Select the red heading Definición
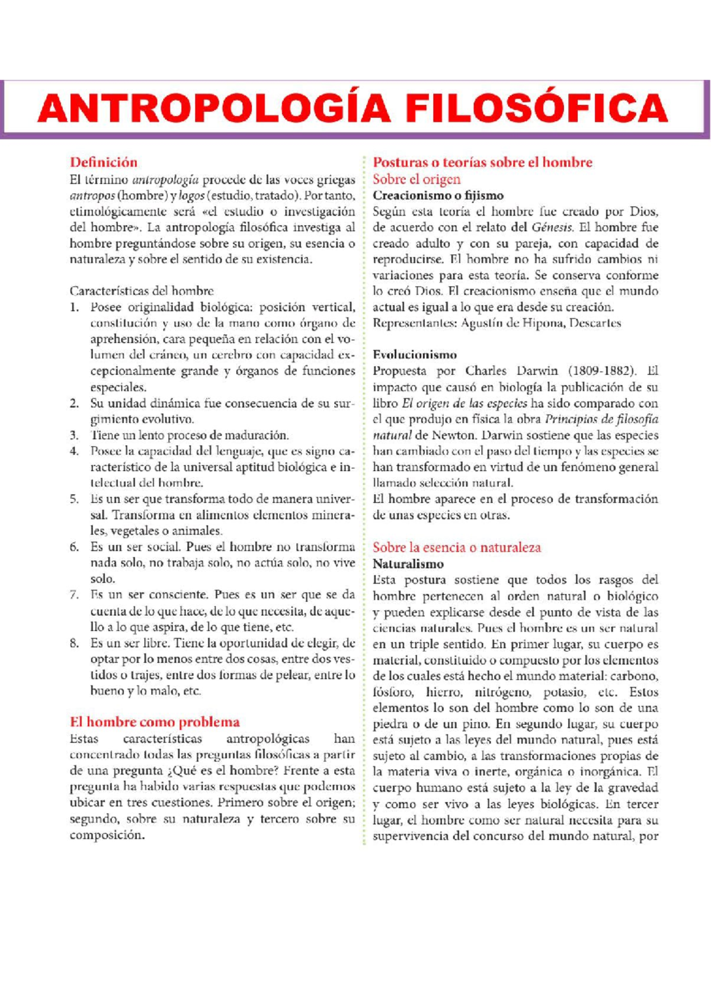tap(103, 162)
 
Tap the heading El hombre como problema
tap(155, 722)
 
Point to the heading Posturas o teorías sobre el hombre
tap(482, 162)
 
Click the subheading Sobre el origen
tap(416, 179)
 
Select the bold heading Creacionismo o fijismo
tap(438, 196)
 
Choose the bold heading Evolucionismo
tap(414, 355)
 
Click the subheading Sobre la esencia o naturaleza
tap(456, 547)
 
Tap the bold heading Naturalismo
tap(408, 564)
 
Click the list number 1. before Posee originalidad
tap(74, 307)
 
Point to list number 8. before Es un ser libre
tap(74, 643)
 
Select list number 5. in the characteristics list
tap(74, 499)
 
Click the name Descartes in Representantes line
tap(595, 324)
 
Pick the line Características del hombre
tap(141, 291)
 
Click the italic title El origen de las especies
tap(464, 404)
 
